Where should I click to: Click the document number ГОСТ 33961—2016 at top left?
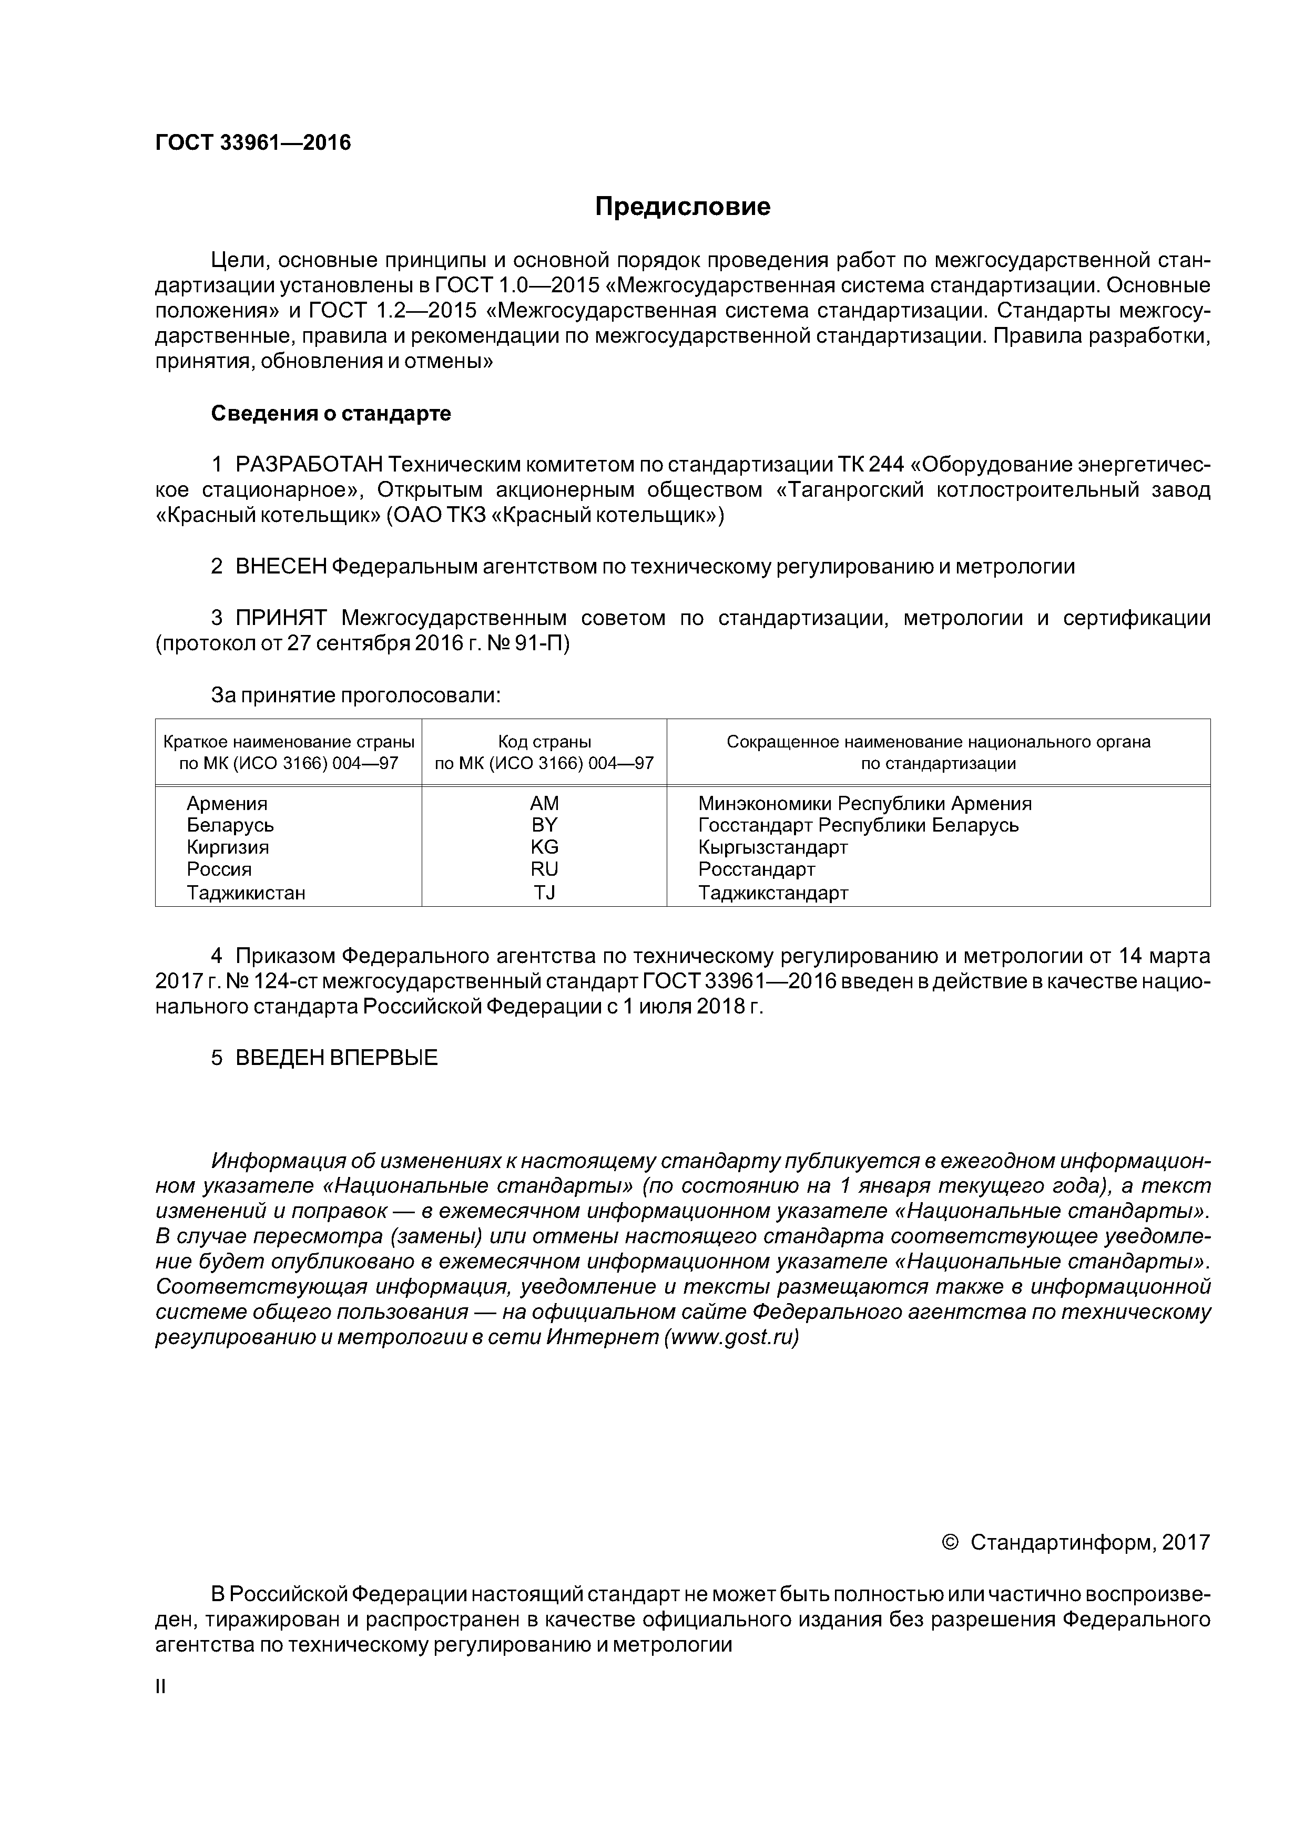pos(253,143)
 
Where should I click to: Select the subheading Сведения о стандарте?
pos(331,414)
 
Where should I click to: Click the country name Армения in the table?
pos(227,803)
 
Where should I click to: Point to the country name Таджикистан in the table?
pos(246,892)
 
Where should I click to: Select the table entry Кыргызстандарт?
pos(773,847)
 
